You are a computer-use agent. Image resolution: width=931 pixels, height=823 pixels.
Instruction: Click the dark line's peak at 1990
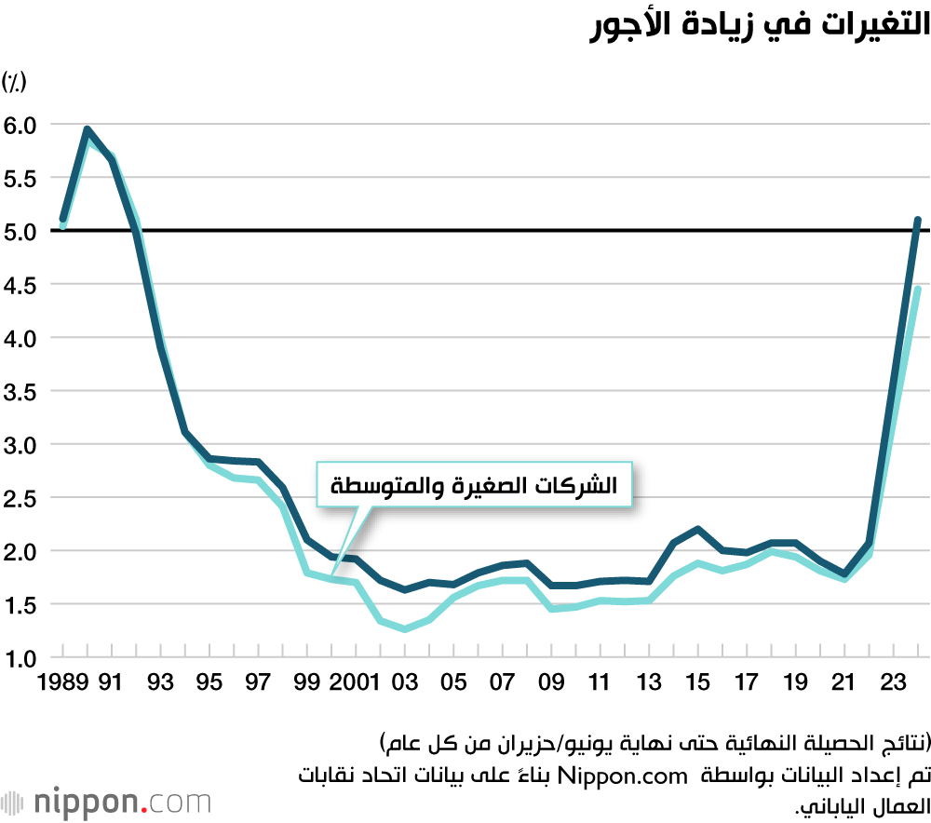click(87, 129)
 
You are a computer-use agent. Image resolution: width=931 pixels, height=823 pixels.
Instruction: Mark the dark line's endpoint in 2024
click(917, 220)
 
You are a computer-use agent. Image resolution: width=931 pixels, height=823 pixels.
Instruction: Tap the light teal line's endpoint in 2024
click(917, 290)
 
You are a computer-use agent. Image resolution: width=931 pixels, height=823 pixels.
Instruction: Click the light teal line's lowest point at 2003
click(405, 629)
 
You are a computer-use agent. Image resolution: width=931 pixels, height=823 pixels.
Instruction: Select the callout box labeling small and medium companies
click(474, 485)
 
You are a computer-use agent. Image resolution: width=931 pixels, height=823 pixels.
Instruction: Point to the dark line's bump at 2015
click(697, 529)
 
